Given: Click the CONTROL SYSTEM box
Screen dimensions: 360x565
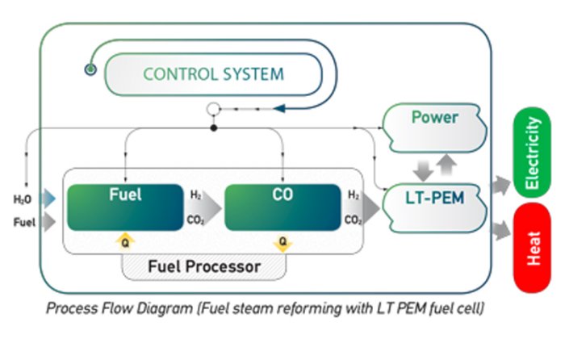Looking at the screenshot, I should [x=214, y=75].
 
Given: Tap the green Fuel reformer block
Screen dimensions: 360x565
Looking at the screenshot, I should [x=124, y=207].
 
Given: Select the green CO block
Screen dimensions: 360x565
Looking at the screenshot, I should [x=282, y=207].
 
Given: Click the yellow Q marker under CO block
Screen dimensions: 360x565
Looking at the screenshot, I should [x=282, y=240].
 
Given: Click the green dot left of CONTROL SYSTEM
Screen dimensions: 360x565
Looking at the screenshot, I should [x=90, y=71].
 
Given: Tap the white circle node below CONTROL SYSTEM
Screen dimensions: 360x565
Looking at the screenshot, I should [x=213, y=108].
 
